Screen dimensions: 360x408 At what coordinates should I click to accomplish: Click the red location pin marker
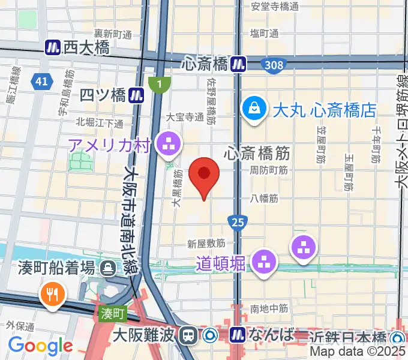click(204, 175)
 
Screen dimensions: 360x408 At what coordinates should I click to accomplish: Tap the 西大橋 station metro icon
click(53, 47)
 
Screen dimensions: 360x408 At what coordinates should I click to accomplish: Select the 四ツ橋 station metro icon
click(137, 95)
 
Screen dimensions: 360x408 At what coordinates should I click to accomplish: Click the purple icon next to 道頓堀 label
click(263, 262)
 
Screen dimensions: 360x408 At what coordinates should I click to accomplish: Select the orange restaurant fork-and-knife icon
click(50, 293)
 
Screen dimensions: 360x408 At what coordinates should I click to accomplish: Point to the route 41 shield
click(41, 82)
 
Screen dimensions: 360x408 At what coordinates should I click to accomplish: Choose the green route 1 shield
click(159, 85)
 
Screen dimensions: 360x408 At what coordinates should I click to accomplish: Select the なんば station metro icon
click(238, 334)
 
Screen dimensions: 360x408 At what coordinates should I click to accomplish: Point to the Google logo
click(40, 345)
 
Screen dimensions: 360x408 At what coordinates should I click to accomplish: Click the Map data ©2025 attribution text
click(358, 352)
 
